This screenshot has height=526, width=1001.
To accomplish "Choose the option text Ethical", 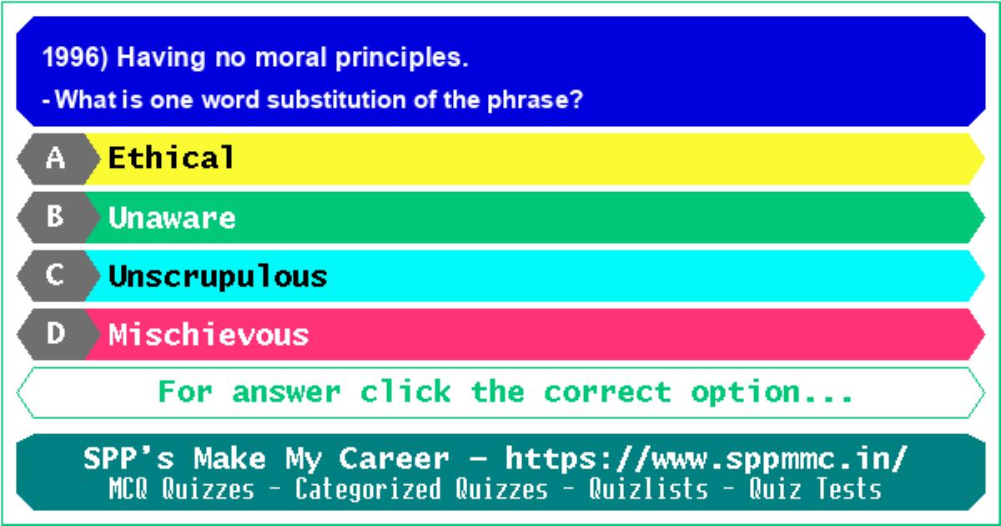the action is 171,158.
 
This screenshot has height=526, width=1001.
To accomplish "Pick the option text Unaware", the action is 172,218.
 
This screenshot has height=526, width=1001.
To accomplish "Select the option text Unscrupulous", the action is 218,276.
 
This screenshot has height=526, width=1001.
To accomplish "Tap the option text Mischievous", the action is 209,334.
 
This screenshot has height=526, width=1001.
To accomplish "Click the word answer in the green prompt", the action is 286,392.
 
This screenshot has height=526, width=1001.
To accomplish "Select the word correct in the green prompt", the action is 607,392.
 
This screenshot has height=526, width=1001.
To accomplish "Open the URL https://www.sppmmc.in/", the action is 706,459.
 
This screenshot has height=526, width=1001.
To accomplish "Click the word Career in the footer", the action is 394,458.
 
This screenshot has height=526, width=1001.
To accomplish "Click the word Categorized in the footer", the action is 368,489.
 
